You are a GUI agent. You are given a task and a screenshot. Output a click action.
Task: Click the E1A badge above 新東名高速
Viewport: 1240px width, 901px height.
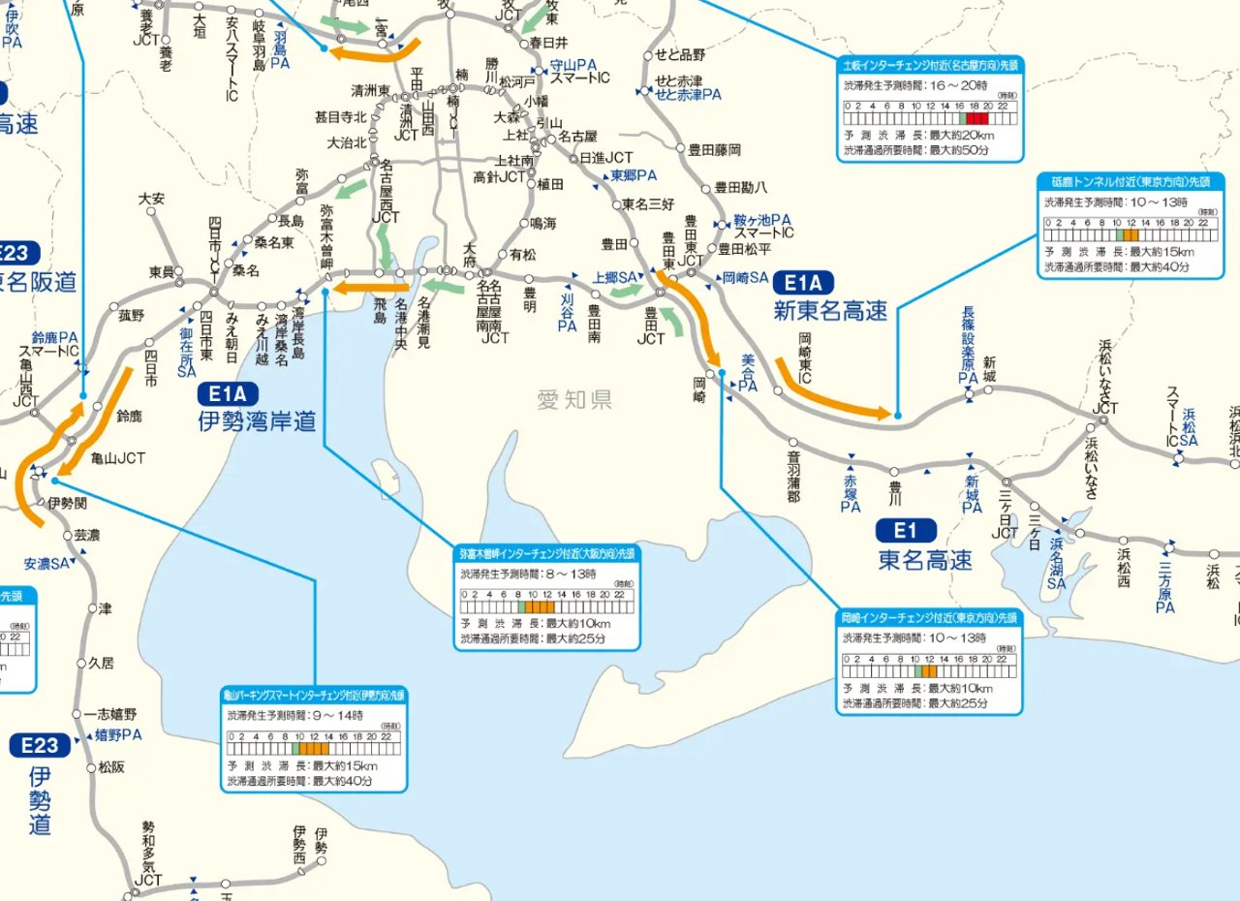[802, 283]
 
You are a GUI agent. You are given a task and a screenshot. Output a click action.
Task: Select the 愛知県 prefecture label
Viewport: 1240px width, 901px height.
[575, 399]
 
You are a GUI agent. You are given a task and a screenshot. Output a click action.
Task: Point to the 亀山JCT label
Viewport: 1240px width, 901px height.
[117, 459]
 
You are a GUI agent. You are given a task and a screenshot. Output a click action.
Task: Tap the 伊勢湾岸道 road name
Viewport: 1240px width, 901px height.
[257, 421]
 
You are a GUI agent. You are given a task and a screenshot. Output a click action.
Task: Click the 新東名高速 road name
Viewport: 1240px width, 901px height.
[830, 311]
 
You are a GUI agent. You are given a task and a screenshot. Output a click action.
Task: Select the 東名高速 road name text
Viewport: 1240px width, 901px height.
[925, 559]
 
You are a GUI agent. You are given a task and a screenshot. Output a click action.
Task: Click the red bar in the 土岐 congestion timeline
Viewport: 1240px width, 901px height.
[977, 117]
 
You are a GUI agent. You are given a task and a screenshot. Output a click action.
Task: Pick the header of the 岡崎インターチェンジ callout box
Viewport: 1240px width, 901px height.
[929, 617]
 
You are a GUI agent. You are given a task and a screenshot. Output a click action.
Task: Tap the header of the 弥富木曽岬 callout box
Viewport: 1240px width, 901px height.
[548, 553]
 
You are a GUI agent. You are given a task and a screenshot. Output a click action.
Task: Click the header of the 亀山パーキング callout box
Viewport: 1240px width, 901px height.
[314, 695]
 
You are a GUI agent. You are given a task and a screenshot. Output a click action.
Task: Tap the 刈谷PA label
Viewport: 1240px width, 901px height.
[568, 313]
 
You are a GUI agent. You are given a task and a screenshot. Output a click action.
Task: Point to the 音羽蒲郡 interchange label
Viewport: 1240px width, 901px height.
[793, 476]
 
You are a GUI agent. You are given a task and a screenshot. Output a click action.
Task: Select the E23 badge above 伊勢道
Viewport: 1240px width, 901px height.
[40, 745]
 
